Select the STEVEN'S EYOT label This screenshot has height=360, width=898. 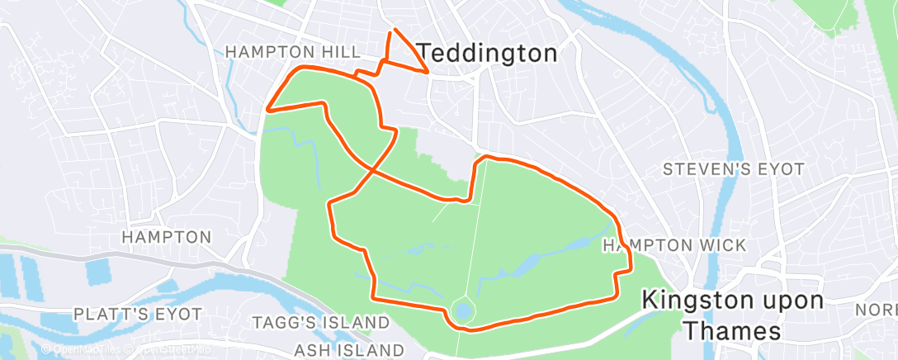735,169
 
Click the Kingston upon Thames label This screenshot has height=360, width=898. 732,315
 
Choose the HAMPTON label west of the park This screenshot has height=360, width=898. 167,237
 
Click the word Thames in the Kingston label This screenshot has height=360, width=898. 732,331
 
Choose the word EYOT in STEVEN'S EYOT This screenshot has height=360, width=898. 782,169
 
